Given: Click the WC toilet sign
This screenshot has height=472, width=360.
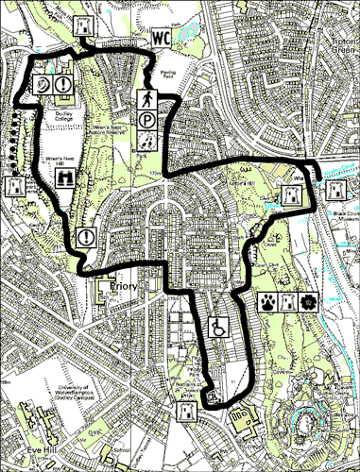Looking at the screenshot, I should click(160, 39).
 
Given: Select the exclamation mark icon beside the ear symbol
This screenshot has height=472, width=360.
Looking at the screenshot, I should click(63, 84).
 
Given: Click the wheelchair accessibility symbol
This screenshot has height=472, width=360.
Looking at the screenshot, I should click(217, 328).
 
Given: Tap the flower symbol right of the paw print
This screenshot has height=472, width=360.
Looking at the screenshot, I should click(307, 302).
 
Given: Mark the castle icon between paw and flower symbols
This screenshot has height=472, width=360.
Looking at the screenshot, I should click(288, 302).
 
